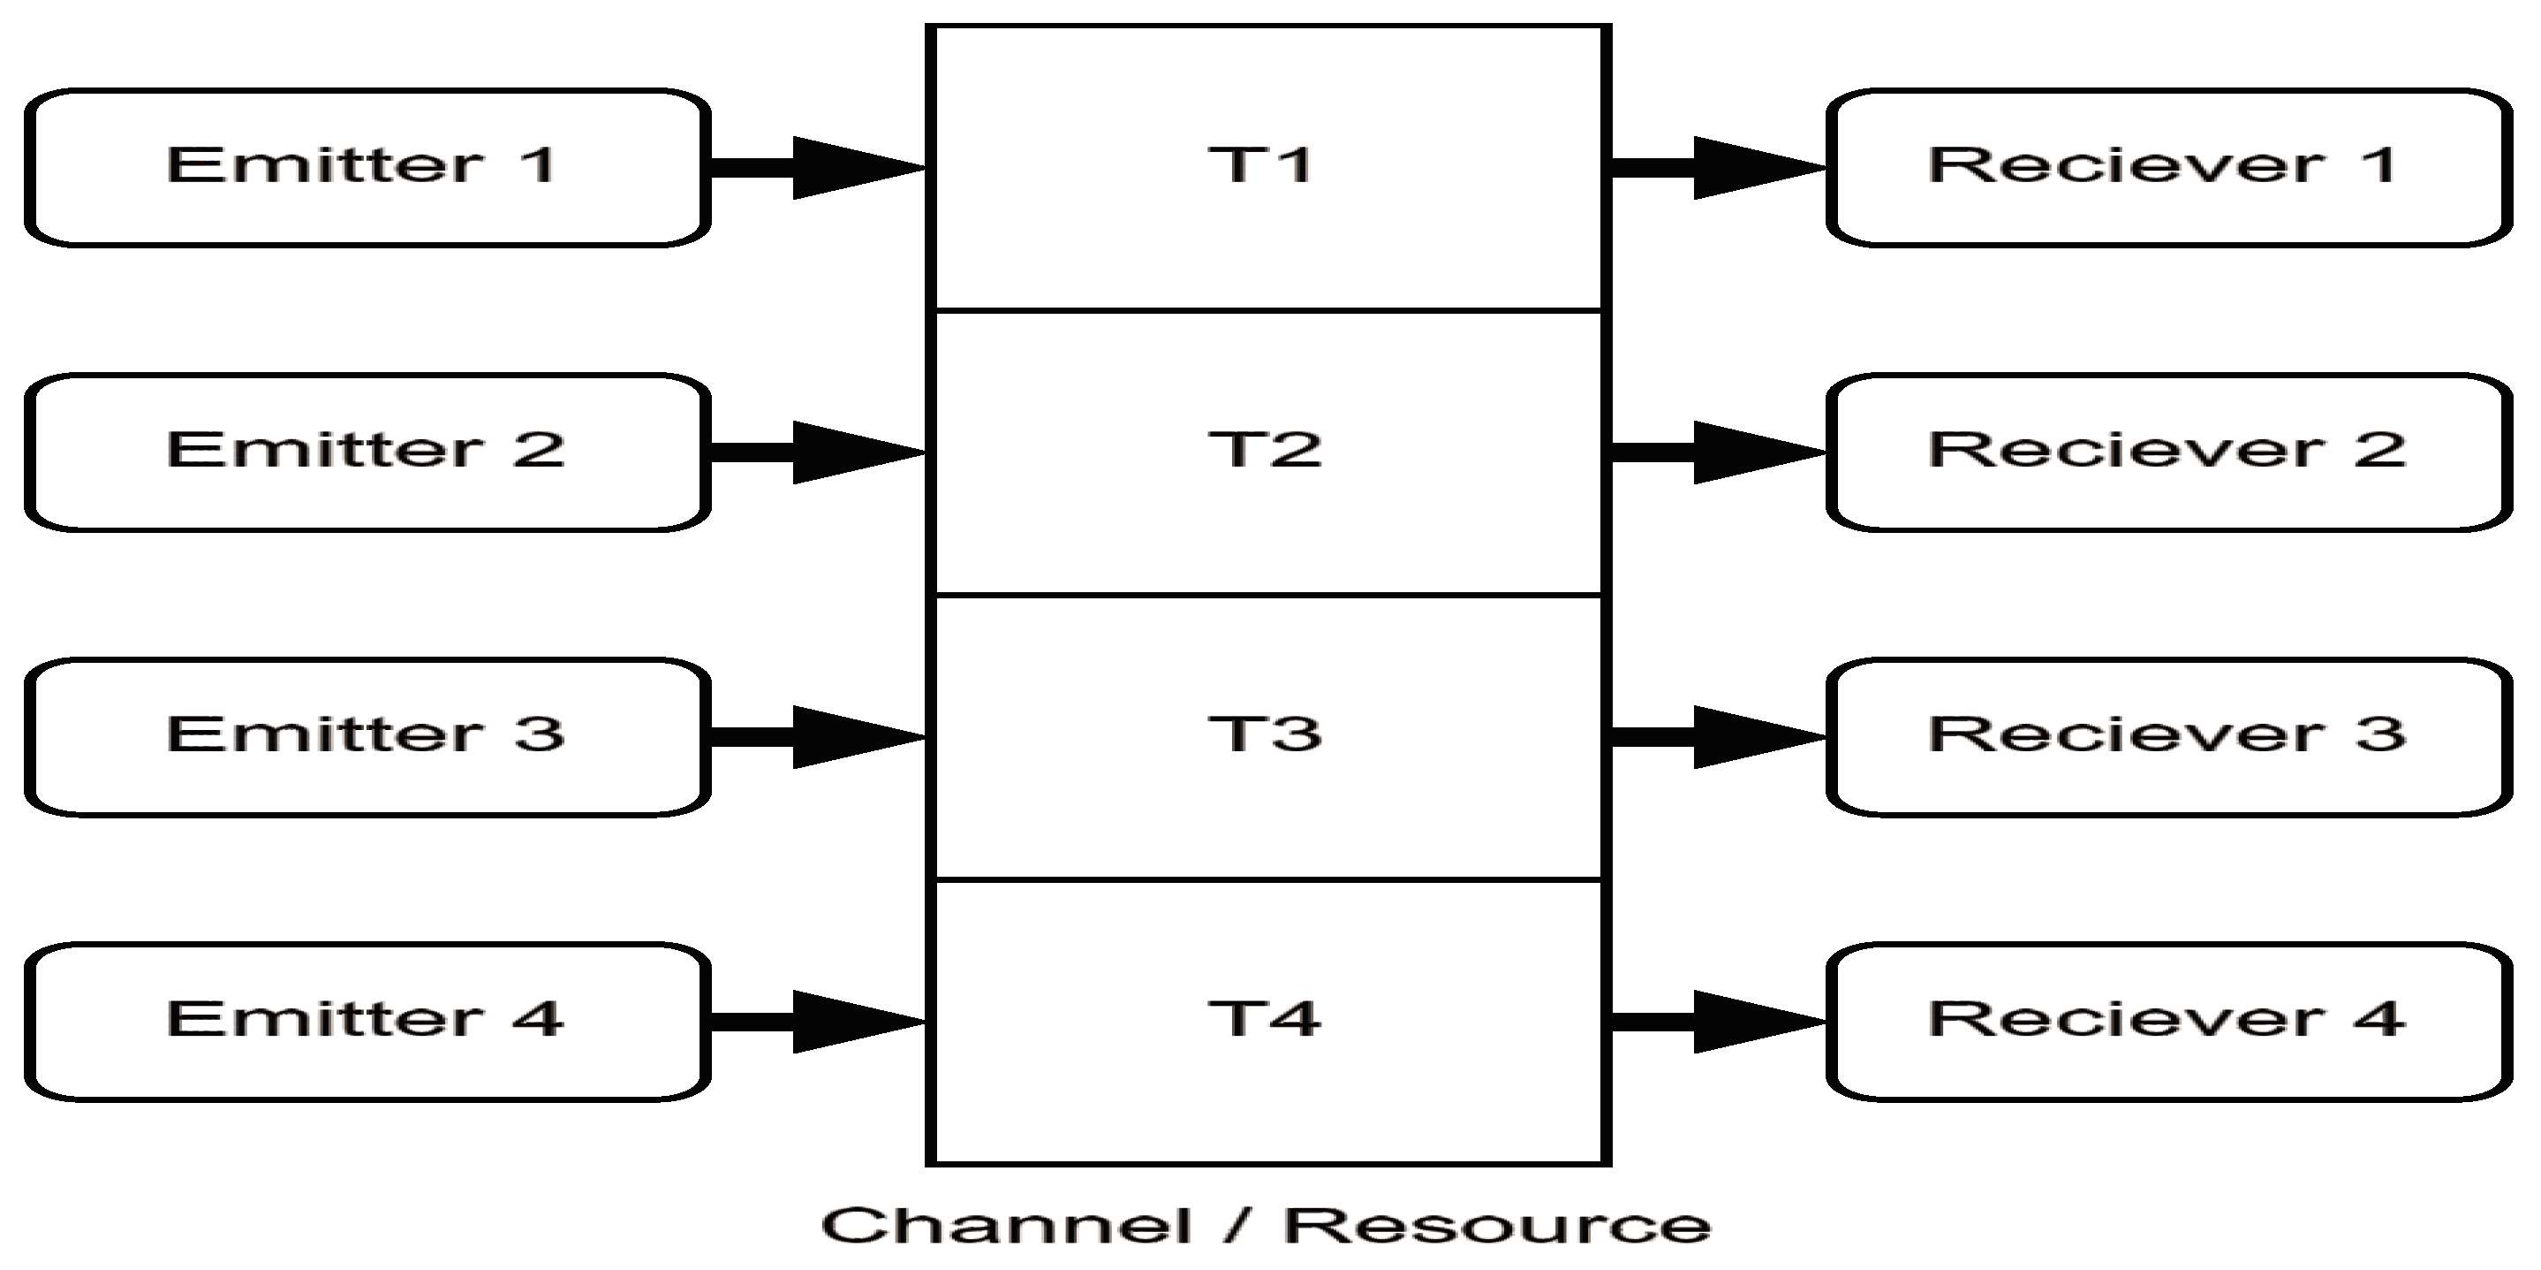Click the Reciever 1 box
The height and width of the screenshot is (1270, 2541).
click(x=2168, y=168)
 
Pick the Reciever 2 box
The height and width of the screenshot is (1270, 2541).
click(x=2168, y=452)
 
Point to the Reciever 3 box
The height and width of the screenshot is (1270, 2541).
click(x=2168, y=736)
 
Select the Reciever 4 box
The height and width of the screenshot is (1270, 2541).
click(x=2168, y=1022)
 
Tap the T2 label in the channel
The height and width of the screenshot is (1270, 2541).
click(x=1265, y=450)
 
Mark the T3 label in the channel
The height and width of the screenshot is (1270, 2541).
click(x=1265, y=734)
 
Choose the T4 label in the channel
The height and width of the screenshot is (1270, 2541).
click(x=1265, y=1018)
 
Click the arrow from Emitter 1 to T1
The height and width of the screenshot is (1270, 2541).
click(x=819, y=168)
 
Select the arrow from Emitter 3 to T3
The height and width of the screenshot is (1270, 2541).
click(x=819, y=736)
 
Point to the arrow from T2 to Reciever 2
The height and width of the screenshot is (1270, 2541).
click(x=1719, y=452)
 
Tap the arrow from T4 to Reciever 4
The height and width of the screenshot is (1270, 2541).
click(x=1719, y=1022)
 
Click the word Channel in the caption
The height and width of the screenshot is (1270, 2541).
click(x=1006, y=1227)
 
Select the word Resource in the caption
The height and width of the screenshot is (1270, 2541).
click(x=1496, y=1227)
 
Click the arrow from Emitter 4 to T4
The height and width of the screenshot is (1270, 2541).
click(x=819, y=1022)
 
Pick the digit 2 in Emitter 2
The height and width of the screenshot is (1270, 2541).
click(x=539, y=450)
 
